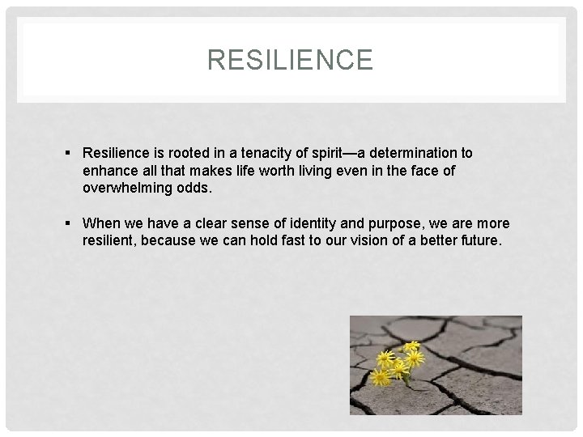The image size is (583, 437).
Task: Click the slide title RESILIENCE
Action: pos(290,60)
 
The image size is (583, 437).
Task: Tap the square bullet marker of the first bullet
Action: pos(70,153)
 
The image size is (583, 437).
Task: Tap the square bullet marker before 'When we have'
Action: pos(70,223)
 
